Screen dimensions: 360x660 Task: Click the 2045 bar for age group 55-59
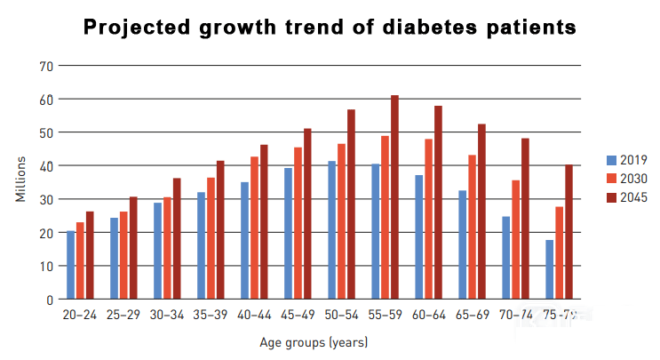click(x=394, y=197)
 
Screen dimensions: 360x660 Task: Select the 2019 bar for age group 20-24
click(x=71, y=265)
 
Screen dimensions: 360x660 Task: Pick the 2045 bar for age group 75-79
click(x=569, y=232)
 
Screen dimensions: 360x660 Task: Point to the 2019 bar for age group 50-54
click(x=332, y=230)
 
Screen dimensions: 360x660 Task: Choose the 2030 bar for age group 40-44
click(x=255, y=228)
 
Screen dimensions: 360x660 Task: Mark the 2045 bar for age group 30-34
click(x=177, y=238)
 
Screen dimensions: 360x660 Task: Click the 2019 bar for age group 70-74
click(x=506, y=258)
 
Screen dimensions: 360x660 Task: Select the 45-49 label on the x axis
click(x=298, y=315)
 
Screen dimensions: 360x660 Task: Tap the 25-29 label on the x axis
click(x=123, y=315)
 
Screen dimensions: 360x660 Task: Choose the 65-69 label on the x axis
click(x=472, y=315)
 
